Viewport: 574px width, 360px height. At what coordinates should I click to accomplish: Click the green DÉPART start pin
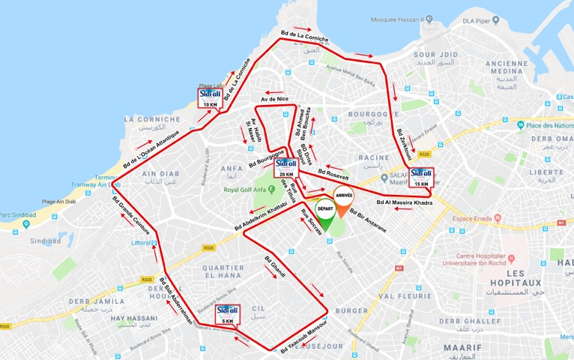point(325,213)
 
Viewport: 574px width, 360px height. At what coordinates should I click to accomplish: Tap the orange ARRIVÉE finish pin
point(344,201)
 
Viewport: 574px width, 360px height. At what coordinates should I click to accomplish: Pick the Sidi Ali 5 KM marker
point(227,314)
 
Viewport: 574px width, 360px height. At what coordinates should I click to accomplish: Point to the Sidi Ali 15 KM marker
point(421,178)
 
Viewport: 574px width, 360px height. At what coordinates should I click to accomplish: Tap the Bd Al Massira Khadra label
point(405,203)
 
